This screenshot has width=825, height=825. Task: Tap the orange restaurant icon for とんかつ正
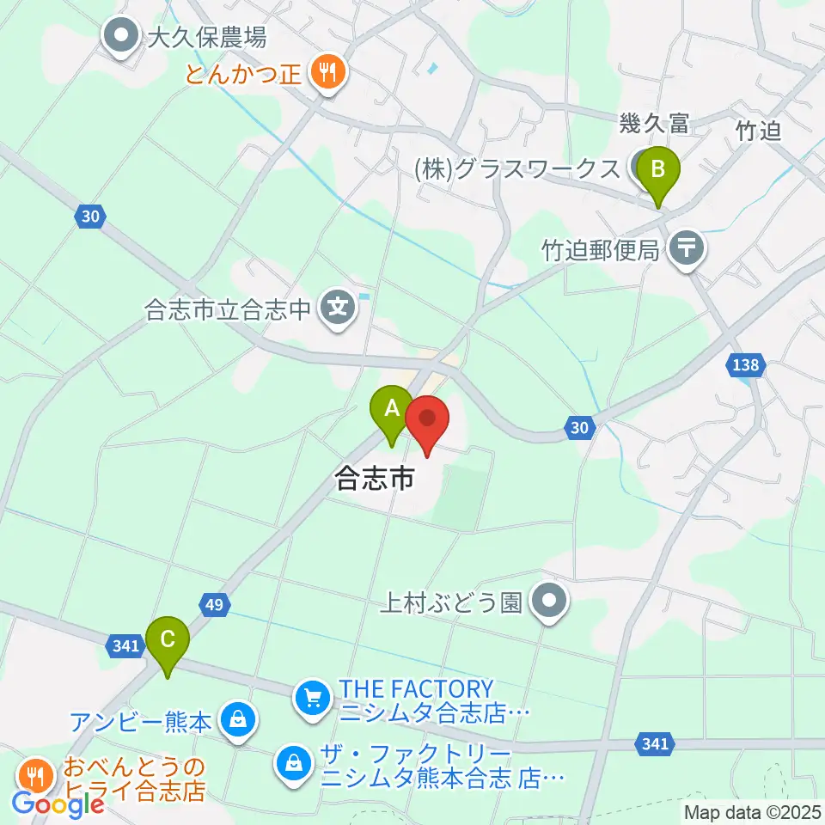[x=327, y=72]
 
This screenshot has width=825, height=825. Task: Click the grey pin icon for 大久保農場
[x=121, y=37]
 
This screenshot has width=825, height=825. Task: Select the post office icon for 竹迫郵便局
[x=687, y=249]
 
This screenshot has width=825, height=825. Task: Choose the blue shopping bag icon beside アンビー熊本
[x=236, y=720]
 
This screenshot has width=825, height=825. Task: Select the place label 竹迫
[x=758, y=131]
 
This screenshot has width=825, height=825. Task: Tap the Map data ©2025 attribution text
[x=752, y=811]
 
